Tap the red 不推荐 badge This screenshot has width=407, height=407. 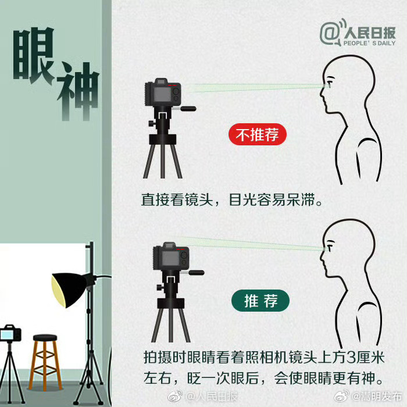[x=258, y=135]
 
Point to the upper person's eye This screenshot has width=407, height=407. [x=330, y=84]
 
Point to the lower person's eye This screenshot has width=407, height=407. [x=330, y=248]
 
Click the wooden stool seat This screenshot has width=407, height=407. [x=45, y=338]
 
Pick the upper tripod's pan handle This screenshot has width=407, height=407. [x=187, y=108]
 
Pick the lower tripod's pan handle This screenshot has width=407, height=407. [x=195, y=272]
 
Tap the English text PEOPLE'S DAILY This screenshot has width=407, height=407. [x=369, y=44]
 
